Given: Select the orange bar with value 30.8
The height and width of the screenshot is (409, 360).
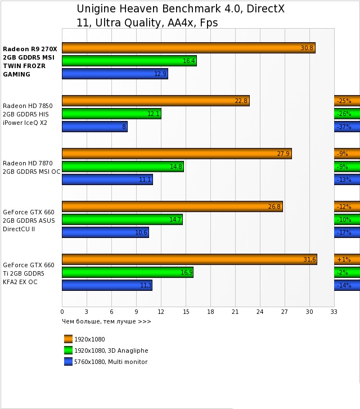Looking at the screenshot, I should click(x=188, y=48).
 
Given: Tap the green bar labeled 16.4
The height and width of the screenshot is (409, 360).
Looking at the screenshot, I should click(x=129, y=61).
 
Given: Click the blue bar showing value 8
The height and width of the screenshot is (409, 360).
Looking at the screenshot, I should click(x=94, y=127).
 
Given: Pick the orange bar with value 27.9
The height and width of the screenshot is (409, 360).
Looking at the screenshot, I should click(x=177, y=154).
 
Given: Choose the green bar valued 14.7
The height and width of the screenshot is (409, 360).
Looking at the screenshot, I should click(x=122, y=219).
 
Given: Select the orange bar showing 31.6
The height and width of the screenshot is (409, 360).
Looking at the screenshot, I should click(x=189, y=259).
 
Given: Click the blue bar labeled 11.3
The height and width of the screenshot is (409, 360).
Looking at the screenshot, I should click(x=107, y=285).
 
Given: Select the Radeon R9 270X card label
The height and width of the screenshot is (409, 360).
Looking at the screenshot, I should click(x=30, y=61).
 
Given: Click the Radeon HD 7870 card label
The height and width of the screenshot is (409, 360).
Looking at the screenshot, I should click(x=31, y=167).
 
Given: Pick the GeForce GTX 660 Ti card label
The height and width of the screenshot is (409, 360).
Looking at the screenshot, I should click(x=29, y=273).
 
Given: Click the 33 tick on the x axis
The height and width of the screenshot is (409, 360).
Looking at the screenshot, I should click(x=334, y=312).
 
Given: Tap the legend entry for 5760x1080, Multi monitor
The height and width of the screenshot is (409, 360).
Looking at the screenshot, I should click(x=111, y=362).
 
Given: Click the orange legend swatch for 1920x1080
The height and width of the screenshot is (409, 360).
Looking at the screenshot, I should click(x=69, y=339).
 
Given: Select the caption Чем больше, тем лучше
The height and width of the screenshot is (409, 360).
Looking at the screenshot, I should click(x=106, y=322).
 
